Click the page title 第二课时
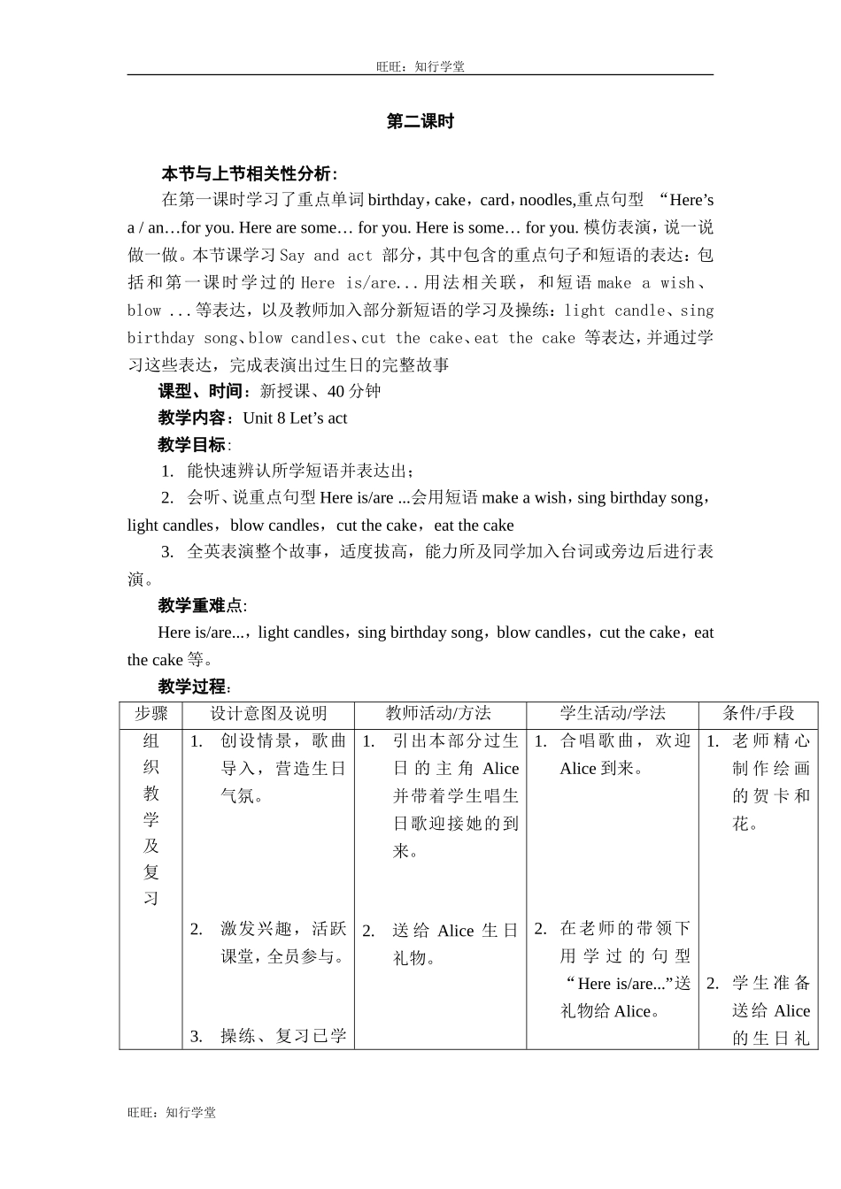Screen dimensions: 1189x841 pyautogui.click(x=420, y=122)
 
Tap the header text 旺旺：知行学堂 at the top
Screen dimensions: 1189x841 pyautogui.click(x=420, y=66)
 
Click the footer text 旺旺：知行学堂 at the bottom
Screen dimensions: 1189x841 pyautogui.click(x=172, y=1113)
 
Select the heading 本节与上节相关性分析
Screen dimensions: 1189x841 pyautogui.click(x=248, y=173)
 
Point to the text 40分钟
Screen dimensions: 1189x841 pyautogui.click(x=354, y=391)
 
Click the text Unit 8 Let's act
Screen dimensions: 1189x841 pyautogui.click(x=295, y=418)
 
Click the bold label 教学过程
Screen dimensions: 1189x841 pyautogui.click(x=193, y=687)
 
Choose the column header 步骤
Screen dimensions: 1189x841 pyautogui.click(x=150, y=714)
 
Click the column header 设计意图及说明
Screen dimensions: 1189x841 pyautogui.click(x=268, y=714)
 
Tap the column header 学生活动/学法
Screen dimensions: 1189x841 pyautogui.click(x=613, y=714)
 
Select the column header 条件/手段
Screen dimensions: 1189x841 pyautogui.click(x=759, y=714)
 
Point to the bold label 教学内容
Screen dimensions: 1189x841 pyautogui.click(x=196, y=418)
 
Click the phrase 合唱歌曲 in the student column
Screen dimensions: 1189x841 pyautogui.click(x=597, y=741)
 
